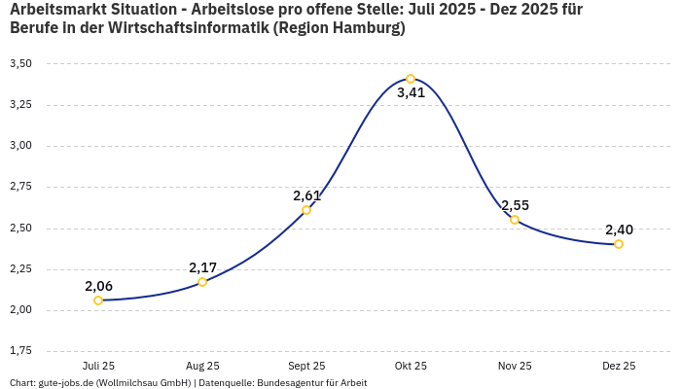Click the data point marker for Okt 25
coord(411,79)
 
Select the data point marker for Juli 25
coord(98,301)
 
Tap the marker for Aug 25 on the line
coord(202,282)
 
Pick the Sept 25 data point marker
coord(306,210)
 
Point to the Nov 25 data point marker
coord(515,220)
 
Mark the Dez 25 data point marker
coord(619,244)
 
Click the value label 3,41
coord(411,93)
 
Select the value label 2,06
coord(98,286)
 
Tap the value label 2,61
coord(306,195)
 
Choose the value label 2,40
coord(619,230)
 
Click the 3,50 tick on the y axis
coord(20,63)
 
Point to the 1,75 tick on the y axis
coord(20,350)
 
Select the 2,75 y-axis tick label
coord(20,187)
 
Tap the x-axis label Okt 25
coord(411,366)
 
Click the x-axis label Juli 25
coord(98,366)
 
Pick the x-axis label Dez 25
coord(619,366)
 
